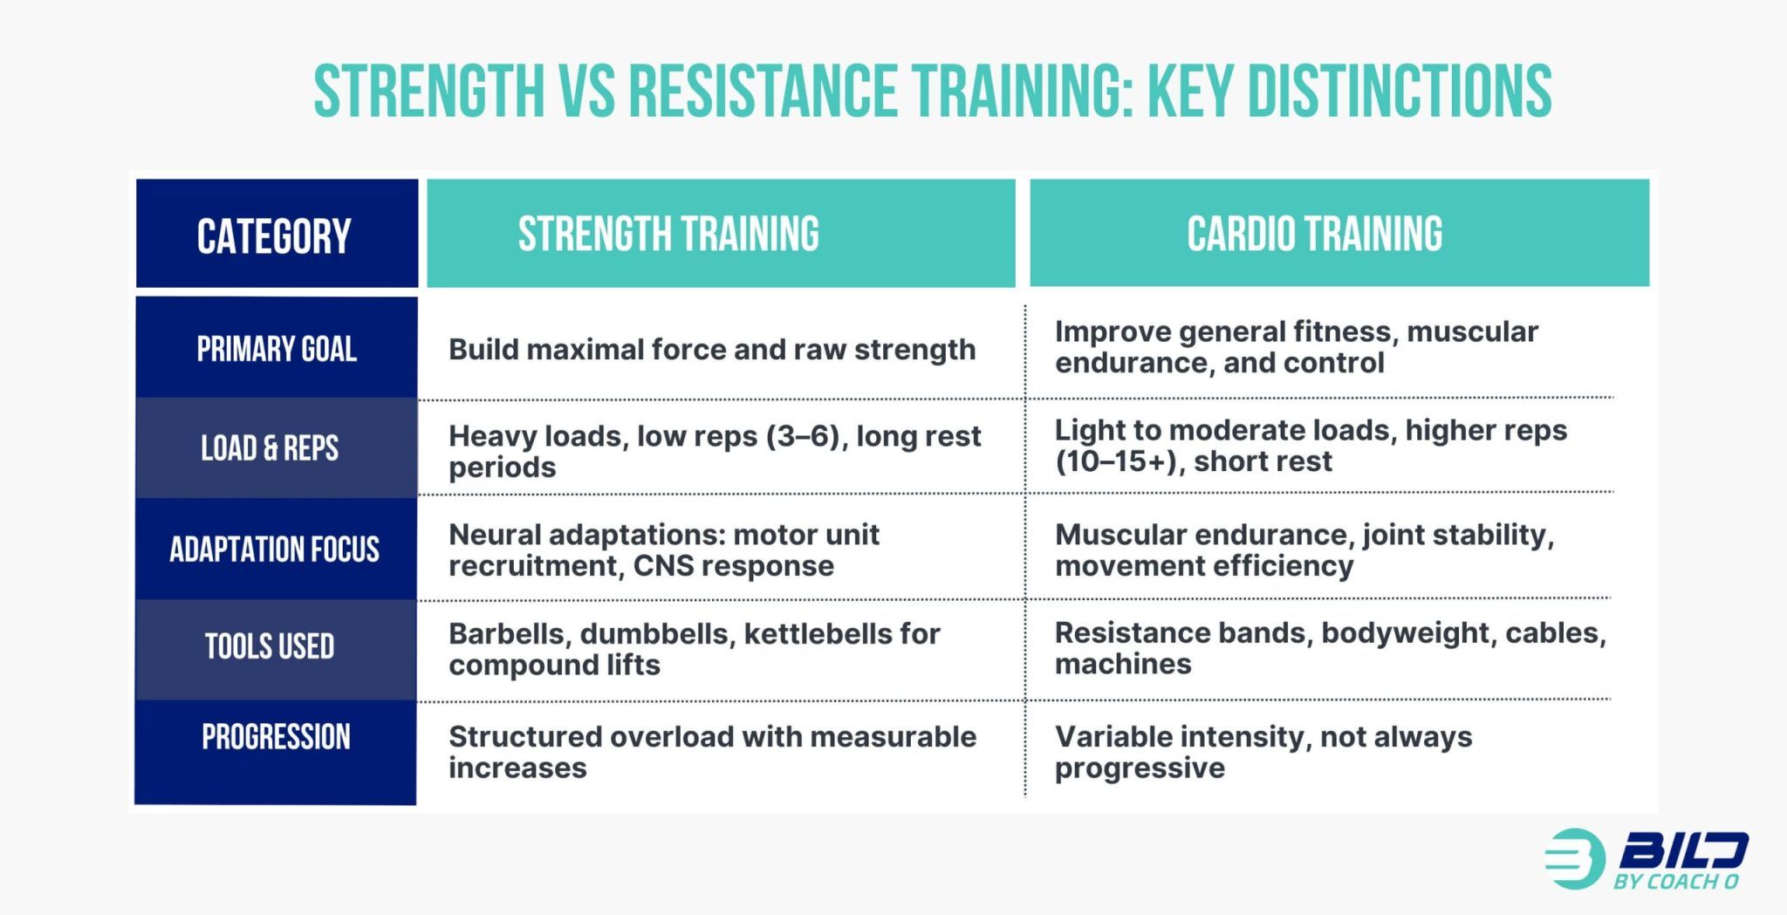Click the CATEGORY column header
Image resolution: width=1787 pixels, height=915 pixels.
point(274,236)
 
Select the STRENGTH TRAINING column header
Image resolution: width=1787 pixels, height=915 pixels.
point(668,234)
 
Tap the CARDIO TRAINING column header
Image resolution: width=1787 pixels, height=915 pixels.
point(1314,234)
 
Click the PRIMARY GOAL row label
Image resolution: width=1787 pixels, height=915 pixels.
point(277,349)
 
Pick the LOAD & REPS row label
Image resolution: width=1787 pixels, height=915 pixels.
point(270,448)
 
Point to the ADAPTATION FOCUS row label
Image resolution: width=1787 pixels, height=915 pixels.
point(274,550)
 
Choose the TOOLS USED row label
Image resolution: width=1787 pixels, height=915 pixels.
point(270,646)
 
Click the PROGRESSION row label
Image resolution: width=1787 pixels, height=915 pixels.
point(276,737)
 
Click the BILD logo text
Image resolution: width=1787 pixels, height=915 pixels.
point(1683,851)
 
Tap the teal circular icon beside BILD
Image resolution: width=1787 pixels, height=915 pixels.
point(1575,858)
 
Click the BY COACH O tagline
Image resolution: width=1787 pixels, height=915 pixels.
point(1675,882)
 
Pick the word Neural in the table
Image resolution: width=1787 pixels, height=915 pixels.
point(494,535)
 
